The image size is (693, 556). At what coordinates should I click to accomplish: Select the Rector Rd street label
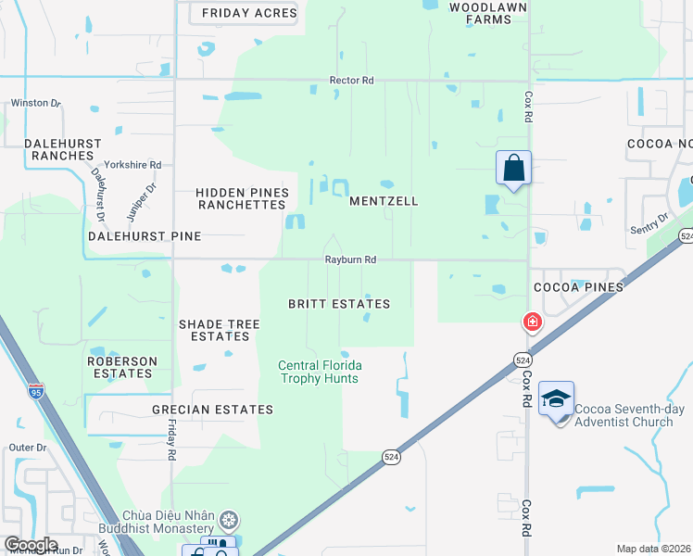(x=351, y=81)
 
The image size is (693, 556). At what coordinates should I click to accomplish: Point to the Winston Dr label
(x=35, y=103)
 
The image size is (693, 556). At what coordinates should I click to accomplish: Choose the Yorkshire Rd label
(x=132, y=165)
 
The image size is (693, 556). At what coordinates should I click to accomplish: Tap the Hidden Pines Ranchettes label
(x=243, y=198)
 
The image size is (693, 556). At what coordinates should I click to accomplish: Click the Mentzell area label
(x=384, y=200)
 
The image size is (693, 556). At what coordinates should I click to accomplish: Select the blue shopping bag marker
(x=513, y=170)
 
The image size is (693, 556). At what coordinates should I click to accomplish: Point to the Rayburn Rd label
(x=349, y=260)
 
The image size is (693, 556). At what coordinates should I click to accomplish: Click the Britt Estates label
(x=338, y=304)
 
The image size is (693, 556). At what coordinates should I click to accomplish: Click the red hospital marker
(x=533, y=322)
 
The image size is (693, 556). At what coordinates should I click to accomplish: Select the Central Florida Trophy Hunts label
(x=320, y=372)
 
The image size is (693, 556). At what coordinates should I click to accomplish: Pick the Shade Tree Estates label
(x=219, y=330)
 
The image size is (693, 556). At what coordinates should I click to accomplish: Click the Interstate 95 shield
(x=35, y=391)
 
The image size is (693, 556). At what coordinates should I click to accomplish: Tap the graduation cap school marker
(x=556, y=398)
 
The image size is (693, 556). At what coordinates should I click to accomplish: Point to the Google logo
(x=31, y=545)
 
